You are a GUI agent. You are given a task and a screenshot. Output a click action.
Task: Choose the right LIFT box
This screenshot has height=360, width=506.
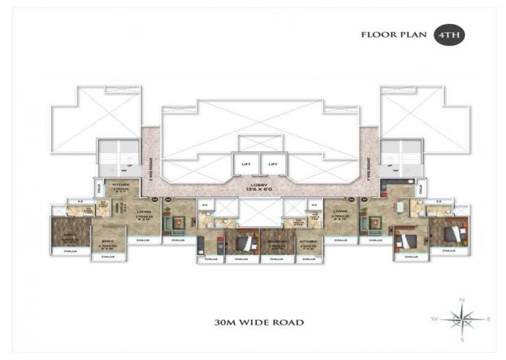[x=273, y=164]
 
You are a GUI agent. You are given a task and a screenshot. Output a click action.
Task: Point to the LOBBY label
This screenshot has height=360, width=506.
[x=257, y=185]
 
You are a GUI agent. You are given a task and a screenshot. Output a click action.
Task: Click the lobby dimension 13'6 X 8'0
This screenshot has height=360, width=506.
[x=257, y=190]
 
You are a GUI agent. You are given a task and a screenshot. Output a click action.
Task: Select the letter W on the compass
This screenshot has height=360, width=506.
[x=434, y=319]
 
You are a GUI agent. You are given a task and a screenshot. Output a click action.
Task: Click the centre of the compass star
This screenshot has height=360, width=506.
[x=460, y=318]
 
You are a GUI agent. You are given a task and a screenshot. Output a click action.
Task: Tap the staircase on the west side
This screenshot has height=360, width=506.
[x=119, y=158]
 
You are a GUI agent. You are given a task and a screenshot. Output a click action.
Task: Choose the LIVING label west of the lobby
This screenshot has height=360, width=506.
[x=145, y=213]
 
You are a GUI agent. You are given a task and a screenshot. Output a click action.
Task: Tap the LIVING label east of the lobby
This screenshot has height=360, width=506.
[x=338, y=213]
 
